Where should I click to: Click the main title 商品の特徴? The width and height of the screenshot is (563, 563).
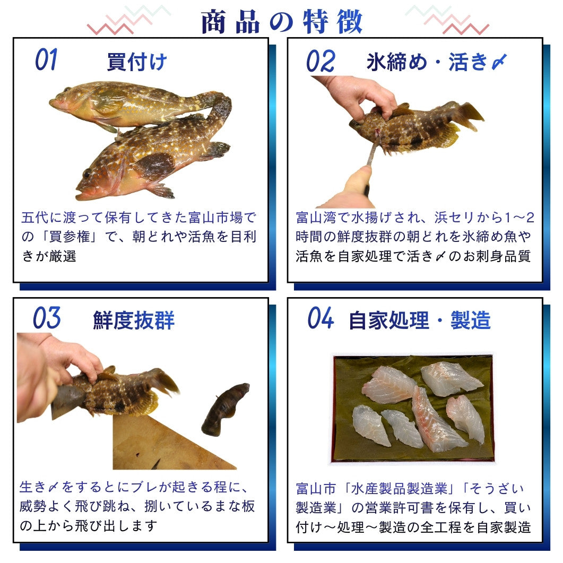point(282,22)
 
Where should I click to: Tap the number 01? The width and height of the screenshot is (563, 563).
point(46,59)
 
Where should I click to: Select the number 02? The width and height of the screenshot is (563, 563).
point(321,60)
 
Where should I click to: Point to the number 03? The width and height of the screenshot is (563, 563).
point(47,318)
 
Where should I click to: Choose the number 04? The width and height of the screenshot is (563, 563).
point(321,318)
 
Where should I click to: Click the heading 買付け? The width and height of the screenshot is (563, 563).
point(137,62)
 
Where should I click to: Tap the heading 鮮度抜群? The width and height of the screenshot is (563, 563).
point(134,320)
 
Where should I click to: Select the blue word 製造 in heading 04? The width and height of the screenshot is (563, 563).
point(470,320)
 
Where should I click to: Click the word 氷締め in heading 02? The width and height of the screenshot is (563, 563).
point(397,62)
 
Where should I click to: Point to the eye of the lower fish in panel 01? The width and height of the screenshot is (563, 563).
point(87,174)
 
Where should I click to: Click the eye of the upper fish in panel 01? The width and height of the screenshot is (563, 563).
point(68,90)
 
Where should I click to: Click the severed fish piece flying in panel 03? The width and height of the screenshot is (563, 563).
point(225,409)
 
